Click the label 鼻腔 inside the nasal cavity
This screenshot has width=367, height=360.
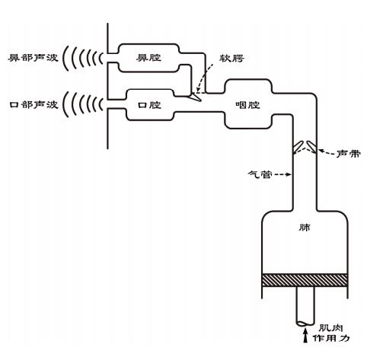[148, 58]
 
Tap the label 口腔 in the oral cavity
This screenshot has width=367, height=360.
[149, 105]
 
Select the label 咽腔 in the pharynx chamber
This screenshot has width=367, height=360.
[247, 105]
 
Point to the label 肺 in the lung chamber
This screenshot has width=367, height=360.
[305, 228]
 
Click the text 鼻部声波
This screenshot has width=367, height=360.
[33, 58]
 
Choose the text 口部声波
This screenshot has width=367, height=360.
[34, 105]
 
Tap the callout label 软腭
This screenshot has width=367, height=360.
[231, 59]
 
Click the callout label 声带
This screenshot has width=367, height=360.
[349, 154]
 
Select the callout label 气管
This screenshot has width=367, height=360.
[260, 174]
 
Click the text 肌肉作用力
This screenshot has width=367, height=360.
[331, 333]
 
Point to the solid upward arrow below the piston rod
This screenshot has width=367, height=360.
[305, 336]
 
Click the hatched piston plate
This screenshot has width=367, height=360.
[305, 280]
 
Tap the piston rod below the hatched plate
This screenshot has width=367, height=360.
[305, 306]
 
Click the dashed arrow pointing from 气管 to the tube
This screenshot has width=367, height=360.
[282, 174]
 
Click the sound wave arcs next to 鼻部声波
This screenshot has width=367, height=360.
[83, 58]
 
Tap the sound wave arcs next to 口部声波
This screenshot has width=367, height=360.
[83, 104]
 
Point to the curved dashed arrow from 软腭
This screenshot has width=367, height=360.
[204, 78]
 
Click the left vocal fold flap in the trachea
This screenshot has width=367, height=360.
[298, 145]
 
